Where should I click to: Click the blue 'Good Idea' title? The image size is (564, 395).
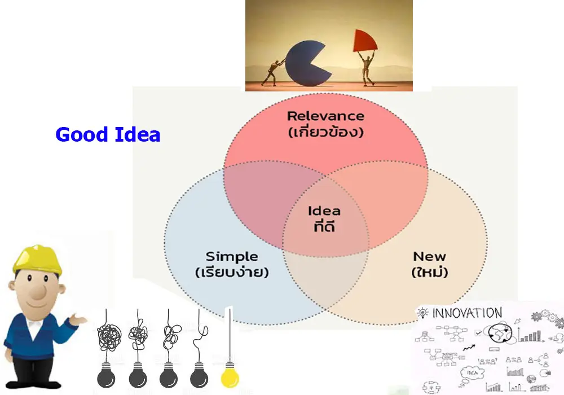(x=108, y=135)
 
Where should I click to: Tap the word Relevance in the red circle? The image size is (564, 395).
(x=325, y=116)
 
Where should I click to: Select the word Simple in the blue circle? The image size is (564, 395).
(x=231, y=256)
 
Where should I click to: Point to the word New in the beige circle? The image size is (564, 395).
(x=429, y=256)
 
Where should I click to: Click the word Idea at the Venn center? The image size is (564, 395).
(x=324, y=211)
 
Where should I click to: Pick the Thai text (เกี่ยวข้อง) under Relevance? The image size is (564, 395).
(x=325, y=133)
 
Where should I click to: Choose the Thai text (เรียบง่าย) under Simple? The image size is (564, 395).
(x=231, y=273)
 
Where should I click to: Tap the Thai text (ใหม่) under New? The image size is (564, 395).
(x=430, y=273)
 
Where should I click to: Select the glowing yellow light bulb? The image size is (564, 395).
(x=229, y=374)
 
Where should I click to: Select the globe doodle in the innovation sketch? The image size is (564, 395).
(x=500, y=332)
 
